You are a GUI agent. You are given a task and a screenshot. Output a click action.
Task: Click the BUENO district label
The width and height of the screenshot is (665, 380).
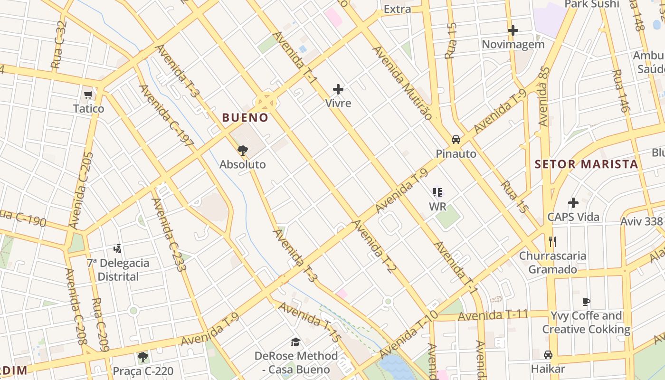click(x=245, y=117)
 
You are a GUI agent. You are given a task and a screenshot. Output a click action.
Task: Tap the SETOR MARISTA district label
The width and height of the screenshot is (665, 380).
click(x=586, y=164)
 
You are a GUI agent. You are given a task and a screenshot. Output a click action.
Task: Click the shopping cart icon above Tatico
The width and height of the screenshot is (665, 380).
click(x=88, y=95)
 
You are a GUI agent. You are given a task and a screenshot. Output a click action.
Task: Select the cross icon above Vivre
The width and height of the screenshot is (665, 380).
click(x=338, y=89)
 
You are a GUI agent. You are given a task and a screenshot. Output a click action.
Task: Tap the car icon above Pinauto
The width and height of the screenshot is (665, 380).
click(x=456, y=140)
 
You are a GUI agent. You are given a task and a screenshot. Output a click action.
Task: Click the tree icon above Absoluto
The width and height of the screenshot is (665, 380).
click(x=243, y=151)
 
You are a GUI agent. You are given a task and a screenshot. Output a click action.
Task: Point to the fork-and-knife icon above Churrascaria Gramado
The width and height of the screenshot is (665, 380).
click(x=552, y=242)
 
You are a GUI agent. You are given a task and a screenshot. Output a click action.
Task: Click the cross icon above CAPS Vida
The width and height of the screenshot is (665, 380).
click(x=573, y=203)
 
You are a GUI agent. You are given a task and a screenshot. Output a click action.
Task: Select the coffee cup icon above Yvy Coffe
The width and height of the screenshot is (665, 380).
click(x=586, y=302)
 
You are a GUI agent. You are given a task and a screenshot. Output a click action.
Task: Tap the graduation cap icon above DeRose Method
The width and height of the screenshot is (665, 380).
click(x=296, y=342)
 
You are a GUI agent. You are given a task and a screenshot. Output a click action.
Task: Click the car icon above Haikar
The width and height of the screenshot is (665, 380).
click(x=548, y=355)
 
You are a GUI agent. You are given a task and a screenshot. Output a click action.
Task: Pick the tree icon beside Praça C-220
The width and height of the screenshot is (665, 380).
click(x=142, y=357)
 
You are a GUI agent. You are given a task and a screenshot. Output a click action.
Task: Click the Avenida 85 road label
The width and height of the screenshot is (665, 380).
click(x=544, y=96)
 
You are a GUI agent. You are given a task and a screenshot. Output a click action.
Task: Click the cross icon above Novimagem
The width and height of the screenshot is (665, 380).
click(x=513, y=30)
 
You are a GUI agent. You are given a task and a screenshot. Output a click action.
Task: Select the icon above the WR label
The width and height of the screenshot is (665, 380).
click(x=437, y=192)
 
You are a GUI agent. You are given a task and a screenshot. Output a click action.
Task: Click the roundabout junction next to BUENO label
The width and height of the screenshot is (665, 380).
click(x=266, y=102)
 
